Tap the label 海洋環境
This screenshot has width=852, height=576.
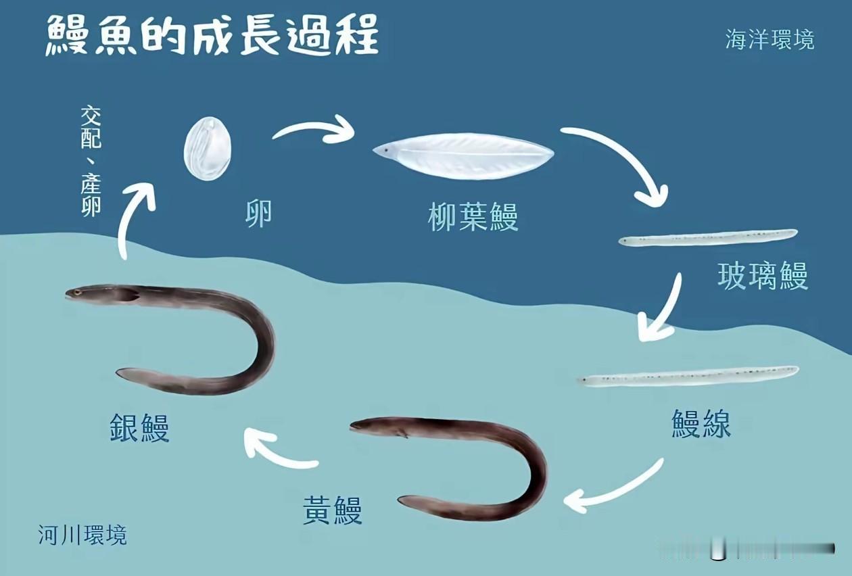click(x=770, y=39)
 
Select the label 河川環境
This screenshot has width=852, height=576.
click(x=82, y=535)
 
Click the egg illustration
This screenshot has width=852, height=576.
click(x=207, y=149)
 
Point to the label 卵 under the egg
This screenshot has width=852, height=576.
click(x=258, y=215)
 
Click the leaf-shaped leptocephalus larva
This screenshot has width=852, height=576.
click(x=464, y=155)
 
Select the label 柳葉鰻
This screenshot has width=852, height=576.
click(x=473, y=218)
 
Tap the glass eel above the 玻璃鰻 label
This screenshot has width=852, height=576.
click(x=708, y=238)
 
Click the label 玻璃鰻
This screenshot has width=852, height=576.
click(x=762, y=276)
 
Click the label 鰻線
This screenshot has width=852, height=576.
click(x=701, y=424)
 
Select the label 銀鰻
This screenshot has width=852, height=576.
click(x=139, y=427)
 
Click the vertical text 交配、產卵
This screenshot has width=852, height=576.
click(x=91, y=160)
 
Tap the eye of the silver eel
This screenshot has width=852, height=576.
click(x=78, y=292)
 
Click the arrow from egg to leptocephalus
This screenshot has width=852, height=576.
click(x=314, y=130)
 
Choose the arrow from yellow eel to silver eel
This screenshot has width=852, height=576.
click(x=277, y=452)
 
